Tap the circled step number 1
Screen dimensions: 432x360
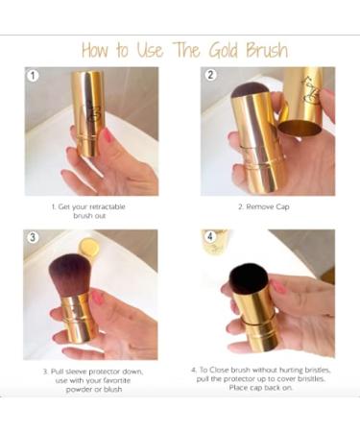(x=35, y=75)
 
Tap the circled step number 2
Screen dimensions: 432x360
(x=209, y=75)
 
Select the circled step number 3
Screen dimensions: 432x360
(x=35, y=236)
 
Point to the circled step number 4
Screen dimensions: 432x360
(x=209, y=236)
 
